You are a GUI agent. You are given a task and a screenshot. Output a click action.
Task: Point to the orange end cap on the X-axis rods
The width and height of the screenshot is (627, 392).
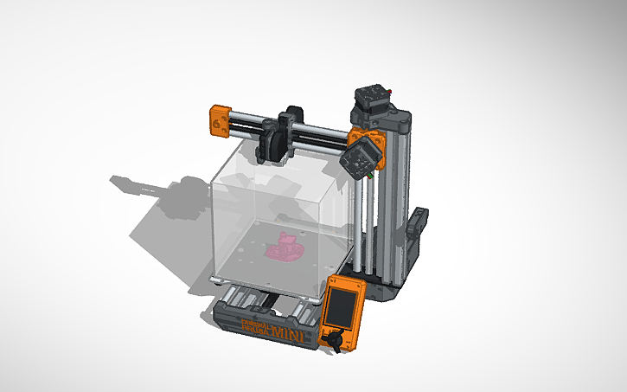(219, 120)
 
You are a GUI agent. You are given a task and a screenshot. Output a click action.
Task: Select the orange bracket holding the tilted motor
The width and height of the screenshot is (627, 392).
(362, 138)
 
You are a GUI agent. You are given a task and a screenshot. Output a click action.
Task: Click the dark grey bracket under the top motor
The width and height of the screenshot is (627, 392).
(381, 118)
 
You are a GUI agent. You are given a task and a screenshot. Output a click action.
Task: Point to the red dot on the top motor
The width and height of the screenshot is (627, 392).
(392, 89)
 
